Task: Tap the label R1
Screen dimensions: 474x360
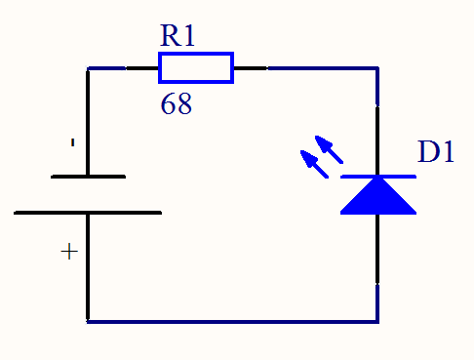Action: tap(178, 35)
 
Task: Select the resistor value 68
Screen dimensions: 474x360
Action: tap(177, 103)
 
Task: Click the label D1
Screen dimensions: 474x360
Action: tap(436, 151)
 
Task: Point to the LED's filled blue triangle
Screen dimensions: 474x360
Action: tap(378, 198)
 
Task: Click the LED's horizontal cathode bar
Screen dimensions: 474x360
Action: tap(378, 177)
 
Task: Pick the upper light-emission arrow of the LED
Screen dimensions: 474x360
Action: tap(329, 149)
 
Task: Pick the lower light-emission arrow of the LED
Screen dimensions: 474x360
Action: tap(314, 164)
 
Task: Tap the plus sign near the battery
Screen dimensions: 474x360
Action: tap(69, 252)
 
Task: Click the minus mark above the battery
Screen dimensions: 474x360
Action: tap(73, 142)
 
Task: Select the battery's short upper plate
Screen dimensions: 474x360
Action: tap(88, 177)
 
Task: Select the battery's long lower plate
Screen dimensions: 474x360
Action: tap(88, 213)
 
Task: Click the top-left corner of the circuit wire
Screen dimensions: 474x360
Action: tap(88, 68)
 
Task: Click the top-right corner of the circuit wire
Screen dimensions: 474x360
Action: tap(377, 68)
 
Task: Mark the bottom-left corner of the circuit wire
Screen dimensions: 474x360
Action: tap(88, 322)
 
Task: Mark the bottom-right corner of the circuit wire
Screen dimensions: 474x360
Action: tap(377, 322)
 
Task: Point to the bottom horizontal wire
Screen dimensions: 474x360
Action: tap(232, 322)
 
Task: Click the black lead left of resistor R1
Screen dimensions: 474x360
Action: tap(142, 68)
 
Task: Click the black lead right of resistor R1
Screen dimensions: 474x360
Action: tap(251, 68)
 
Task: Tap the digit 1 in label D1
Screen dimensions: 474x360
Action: tap(448, 151)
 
